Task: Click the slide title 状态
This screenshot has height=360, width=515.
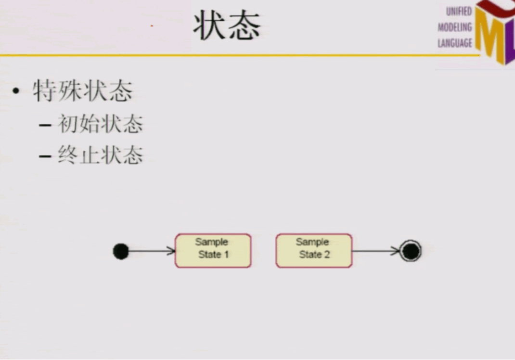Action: pyautogui.click(x=227, y=26)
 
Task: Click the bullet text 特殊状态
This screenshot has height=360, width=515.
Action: pyautogui.click(x=82, y=90)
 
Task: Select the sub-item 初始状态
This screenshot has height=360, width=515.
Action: pyautogui.click(x=100, y=124)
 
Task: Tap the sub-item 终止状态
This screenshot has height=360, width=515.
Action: pyautogui.click(x=100, y=155)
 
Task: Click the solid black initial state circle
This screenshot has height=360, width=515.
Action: pyautogui.click(x=121, y=251)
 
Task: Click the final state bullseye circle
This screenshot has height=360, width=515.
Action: pyautogui.click(x=410, y=251)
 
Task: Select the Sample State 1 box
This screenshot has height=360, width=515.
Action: pyautogui.click(x=213, y=250)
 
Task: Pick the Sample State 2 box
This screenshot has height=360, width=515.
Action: pyautogui.click(x=314, y=250)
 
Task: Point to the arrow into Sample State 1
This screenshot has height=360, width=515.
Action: pyautogui.click(x=152, y=251)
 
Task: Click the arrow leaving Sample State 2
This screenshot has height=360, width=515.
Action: pyautogui.click(x=375, y=251)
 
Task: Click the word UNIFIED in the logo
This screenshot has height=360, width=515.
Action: pyautogui.click(x=459, y=12)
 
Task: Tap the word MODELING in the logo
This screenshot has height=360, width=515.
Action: pyautogui.click(x=454, y=27)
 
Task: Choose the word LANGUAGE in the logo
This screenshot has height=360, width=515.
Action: pyautogui.click(x=454, y=43)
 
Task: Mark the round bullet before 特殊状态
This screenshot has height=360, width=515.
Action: pyautogui.click(x=17, y=91)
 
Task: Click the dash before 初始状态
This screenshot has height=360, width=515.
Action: pyautogui.click(x=45, y=125)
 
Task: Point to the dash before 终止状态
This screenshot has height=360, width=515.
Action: pyautogui.click(x=45, y=156)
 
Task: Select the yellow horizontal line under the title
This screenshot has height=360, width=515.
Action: pyautogui.click(x=217, y=55)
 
